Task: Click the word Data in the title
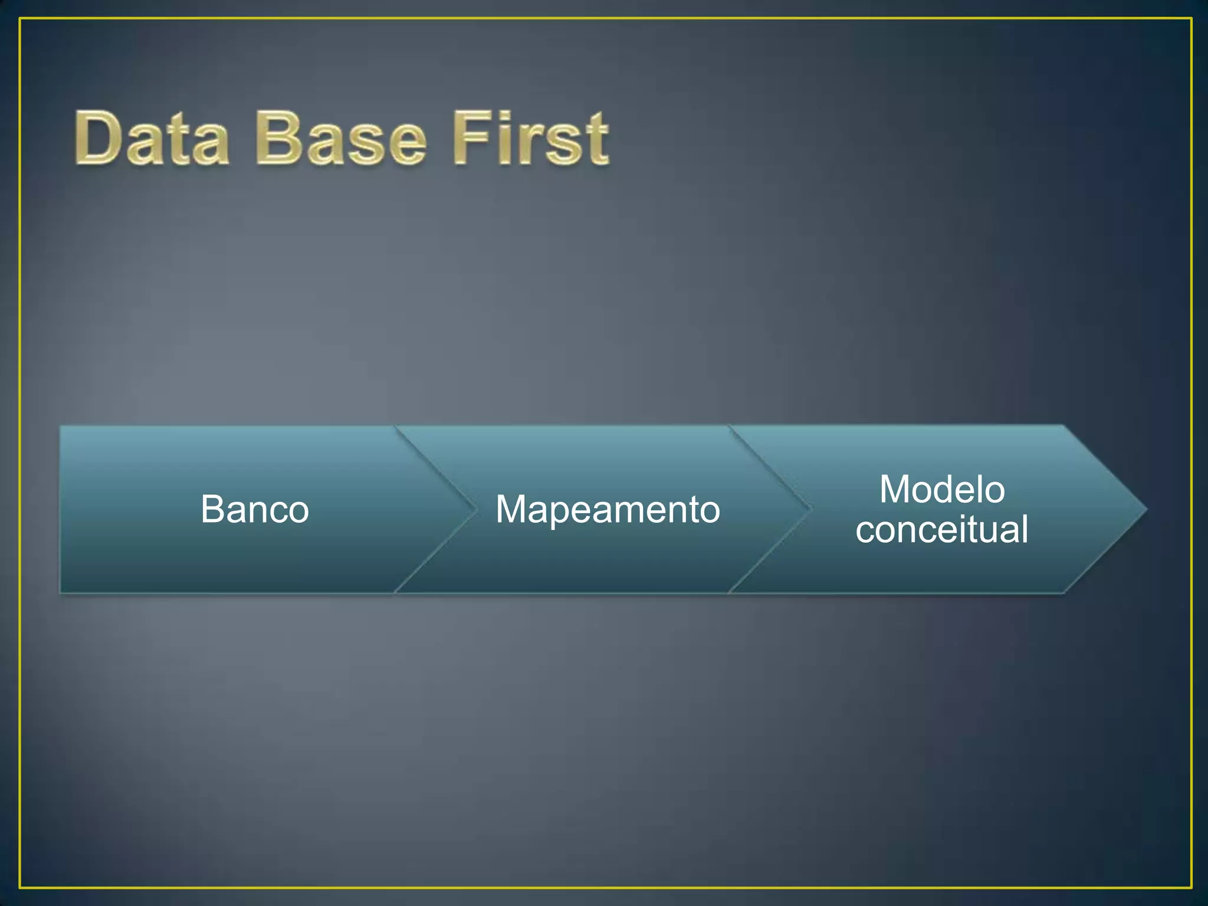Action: click(152, 139)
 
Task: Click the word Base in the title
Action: click(340, 139)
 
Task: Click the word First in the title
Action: click(530, 139)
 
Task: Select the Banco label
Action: click(255, 509)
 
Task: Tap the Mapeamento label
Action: click(608, 509)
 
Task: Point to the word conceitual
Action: click(942, 529)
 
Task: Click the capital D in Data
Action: click(98, 139)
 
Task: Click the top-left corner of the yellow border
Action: click(20, 19)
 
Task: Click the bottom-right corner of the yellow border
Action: click(1191, 887)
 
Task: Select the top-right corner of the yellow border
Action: click(1191, 19)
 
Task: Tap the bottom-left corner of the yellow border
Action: click(20, 887)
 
